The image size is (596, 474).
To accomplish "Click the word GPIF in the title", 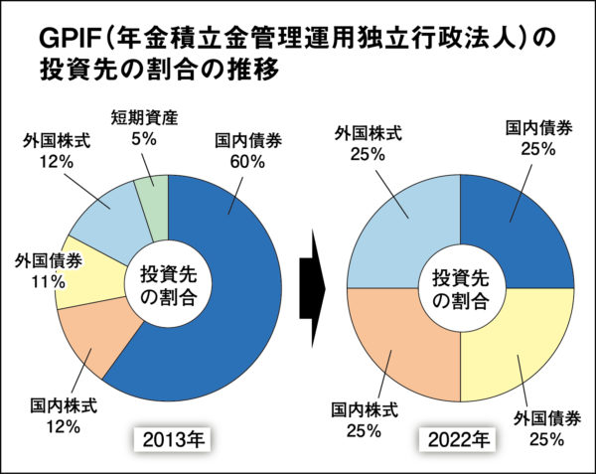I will point(69,39).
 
